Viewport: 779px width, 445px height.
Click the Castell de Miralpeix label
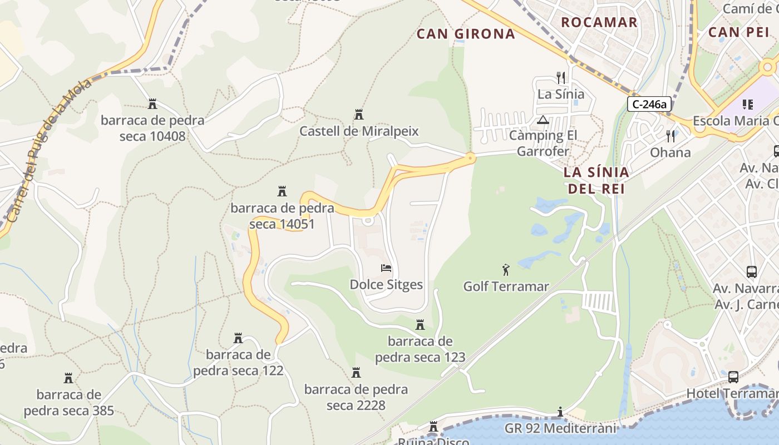click(x=359, y=131)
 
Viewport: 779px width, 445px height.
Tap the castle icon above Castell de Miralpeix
click(x=359, y=115)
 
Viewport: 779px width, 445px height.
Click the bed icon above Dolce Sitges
click(x=386, y=268)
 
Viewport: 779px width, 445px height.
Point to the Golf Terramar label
click(x=506, y=286)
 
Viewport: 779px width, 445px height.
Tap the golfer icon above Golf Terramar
click(x=506, y=270)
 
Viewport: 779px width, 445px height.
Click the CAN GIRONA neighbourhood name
click(x=466, y=34)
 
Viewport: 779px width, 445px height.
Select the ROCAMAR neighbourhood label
click(x=599, y=22)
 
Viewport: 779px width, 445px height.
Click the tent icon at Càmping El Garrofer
click(x=543, y=120)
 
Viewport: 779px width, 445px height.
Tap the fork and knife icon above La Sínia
click(x=561, y=78)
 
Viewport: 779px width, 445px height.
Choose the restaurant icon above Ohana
click(x=670, y=136)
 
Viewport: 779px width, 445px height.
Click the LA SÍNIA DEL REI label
click(x=596, y=180)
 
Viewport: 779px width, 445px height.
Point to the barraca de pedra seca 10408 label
click(x=152, y=128)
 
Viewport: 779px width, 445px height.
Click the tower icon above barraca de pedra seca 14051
click(x=282, y=192)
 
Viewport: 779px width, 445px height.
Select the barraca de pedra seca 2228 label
click(x=356, y=397)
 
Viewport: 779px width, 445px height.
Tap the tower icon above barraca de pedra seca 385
click(x=68, y=378)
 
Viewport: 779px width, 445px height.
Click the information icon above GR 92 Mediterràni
click(x=560, y=412)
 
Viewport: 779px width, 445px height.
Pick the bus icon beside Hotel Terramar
click(x=733, y=377)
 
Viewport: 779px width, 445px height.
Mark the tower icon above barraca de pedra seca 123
click(x=420, y=325)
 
